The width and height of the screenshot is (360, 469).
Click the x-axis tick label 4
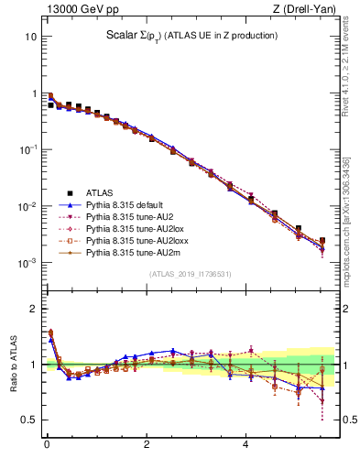click(x=245, y=445)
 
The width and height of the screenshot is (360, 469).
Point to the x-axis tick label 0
click(x=47, y=445)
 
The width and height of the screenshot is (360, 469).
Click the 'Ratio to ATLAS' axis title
click(x=11, y=365)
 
